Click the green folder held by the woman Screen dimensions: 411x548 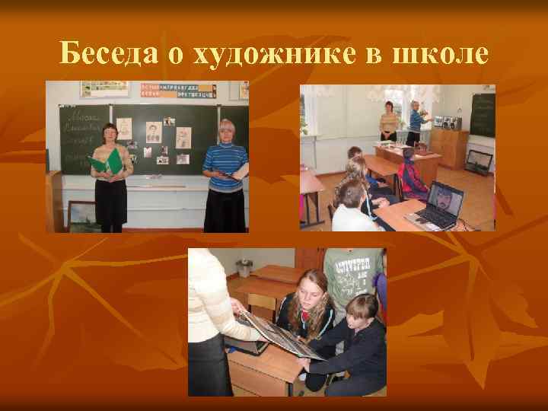tap(107, 161)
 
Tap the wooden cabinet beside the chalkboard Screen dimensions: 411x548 tap(448, 148)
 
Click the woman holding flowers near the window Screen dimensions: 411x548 tap(416, 122)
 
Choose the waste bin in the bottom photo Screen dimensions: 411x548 tap(244, 269)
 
